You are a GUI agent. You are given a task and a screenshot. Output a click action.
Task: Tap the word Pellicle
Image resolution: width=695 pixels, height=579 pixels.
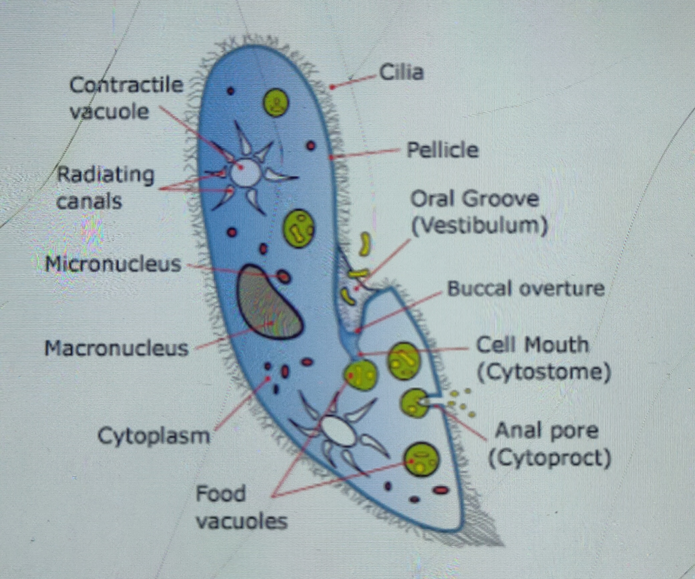click(x=442, y=150)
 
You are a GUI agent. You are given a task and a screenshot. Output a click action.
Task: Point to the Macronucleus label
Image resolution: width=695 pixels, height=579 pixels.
click(x=116, y=348)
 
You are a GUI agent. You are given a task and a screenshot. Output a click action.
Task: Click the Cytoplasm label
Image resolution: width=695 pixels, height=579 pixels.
click(x=153, y=436)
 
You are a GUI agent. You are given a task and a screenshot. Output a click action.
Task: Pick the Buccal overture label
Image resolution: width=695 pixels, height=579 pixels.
click(x=526, y=289)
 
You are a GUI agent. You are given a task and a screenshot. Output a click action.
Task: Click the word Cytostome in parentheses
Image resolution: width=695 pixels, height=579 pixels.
click(x=544, y=372)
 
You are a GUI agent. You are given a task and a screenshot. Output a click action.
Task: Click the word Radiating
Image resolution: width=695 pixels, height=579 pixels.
click(x=106, y=175)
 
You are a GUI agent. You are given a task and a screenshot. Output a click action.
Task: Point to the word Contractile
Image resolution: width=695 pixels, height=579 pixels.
click(x=126, y=85)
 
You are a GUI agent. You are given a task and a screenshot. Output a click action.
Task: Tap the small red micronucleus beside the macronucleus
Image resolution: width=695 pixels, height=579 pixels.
click(x=284, y=276)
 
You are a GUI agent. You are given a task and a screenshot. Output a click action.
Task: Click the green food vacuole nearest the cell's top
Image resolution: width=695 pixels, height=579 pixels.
click(x=276, y=103)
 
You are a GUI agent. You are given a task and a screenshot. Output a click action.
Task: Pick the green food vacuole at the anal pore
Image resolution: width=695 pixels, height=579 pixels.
click(x=415, y=403)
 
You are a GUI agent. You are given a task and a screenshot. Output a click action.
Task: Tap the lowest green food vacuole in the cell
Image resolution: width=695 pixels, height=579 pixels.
click(x=422, y=459)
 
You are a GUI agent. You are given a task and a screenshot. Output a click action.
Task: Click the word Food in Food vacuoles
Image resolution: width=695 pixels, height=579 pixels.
click(x=221, y=493)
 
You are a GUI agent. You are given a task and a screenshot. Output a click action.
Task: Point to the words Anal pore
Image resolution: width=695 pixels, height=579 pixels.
click(x=546, y=430)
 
